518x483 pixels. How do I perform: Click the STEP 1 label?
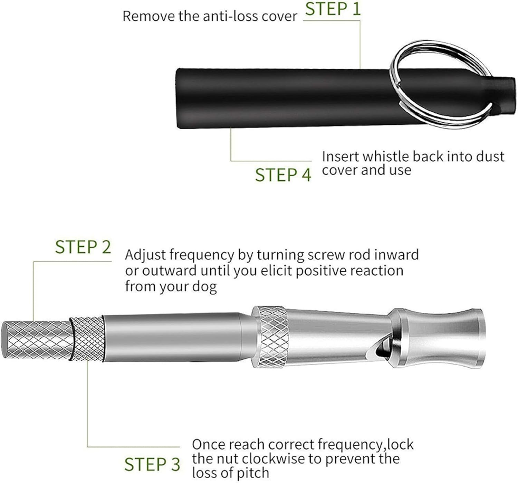(333, 9)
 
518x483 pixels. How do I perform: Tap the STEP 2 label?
(83, 247)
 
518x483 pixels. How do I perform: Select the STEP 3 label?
(152, 464)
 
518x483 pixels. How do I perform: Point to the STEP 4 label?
(283, 175)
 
